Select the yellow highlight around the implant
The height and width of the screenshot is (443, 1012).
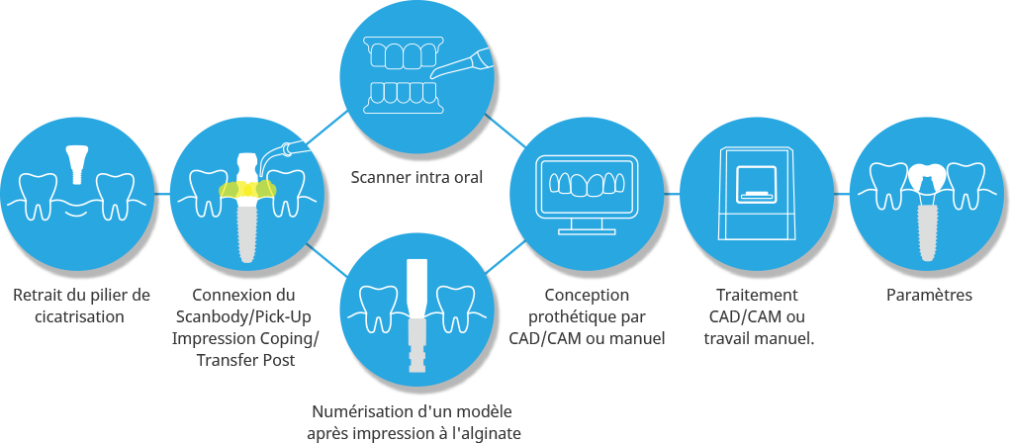pyautogui.click(x=247, y=190)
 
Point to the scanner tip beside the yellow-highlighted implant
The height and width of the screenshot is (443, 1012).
pyautogui.click(x=289, y=149)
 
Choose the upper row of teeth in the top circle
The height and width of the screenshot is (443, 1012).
pyautogui.click(x=402, y=51)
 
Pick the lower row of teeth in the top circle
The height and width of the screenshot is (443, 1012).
pyautogui.click(x=402, y=95)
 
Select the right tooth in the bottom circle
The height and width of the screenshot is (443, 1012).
pyautogui.click(x=456, y=307)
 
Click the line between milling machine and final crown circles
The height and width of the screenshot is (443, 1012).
pyautogui.click(x=843, y=195)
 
